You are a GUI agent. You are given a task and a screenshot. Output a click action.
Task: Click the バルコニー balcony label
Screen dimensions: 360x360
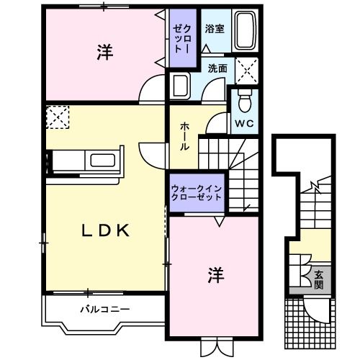[104, 310]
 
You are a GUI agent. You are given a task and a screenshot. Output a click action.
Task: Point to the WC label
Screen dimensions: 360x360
[243, 122]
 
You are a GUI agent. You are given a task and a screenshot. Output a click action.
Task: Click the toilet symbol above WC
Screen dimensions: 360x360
[243, 98]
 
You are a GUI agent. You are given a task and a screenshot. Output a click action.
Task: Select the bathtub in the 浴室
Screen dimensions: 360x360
[246, 32]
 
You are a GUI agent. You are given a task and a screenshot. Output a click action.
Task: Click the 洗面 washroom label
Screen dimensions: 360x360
[217, 68]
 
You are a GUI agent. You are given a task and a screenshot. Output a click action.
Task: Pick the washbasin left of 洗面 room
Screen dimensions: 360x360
[178, 85]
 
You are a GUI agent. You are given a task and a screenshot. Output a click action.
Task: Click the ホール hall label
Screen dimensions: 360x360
[184, 135]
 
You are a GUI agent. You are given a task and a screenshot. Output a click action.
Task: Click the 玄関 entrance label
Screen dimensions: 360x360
[319, 280]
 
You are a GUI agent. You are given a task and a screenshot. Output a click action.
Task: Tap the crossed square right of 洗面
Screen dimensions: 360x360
[248, 71]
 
